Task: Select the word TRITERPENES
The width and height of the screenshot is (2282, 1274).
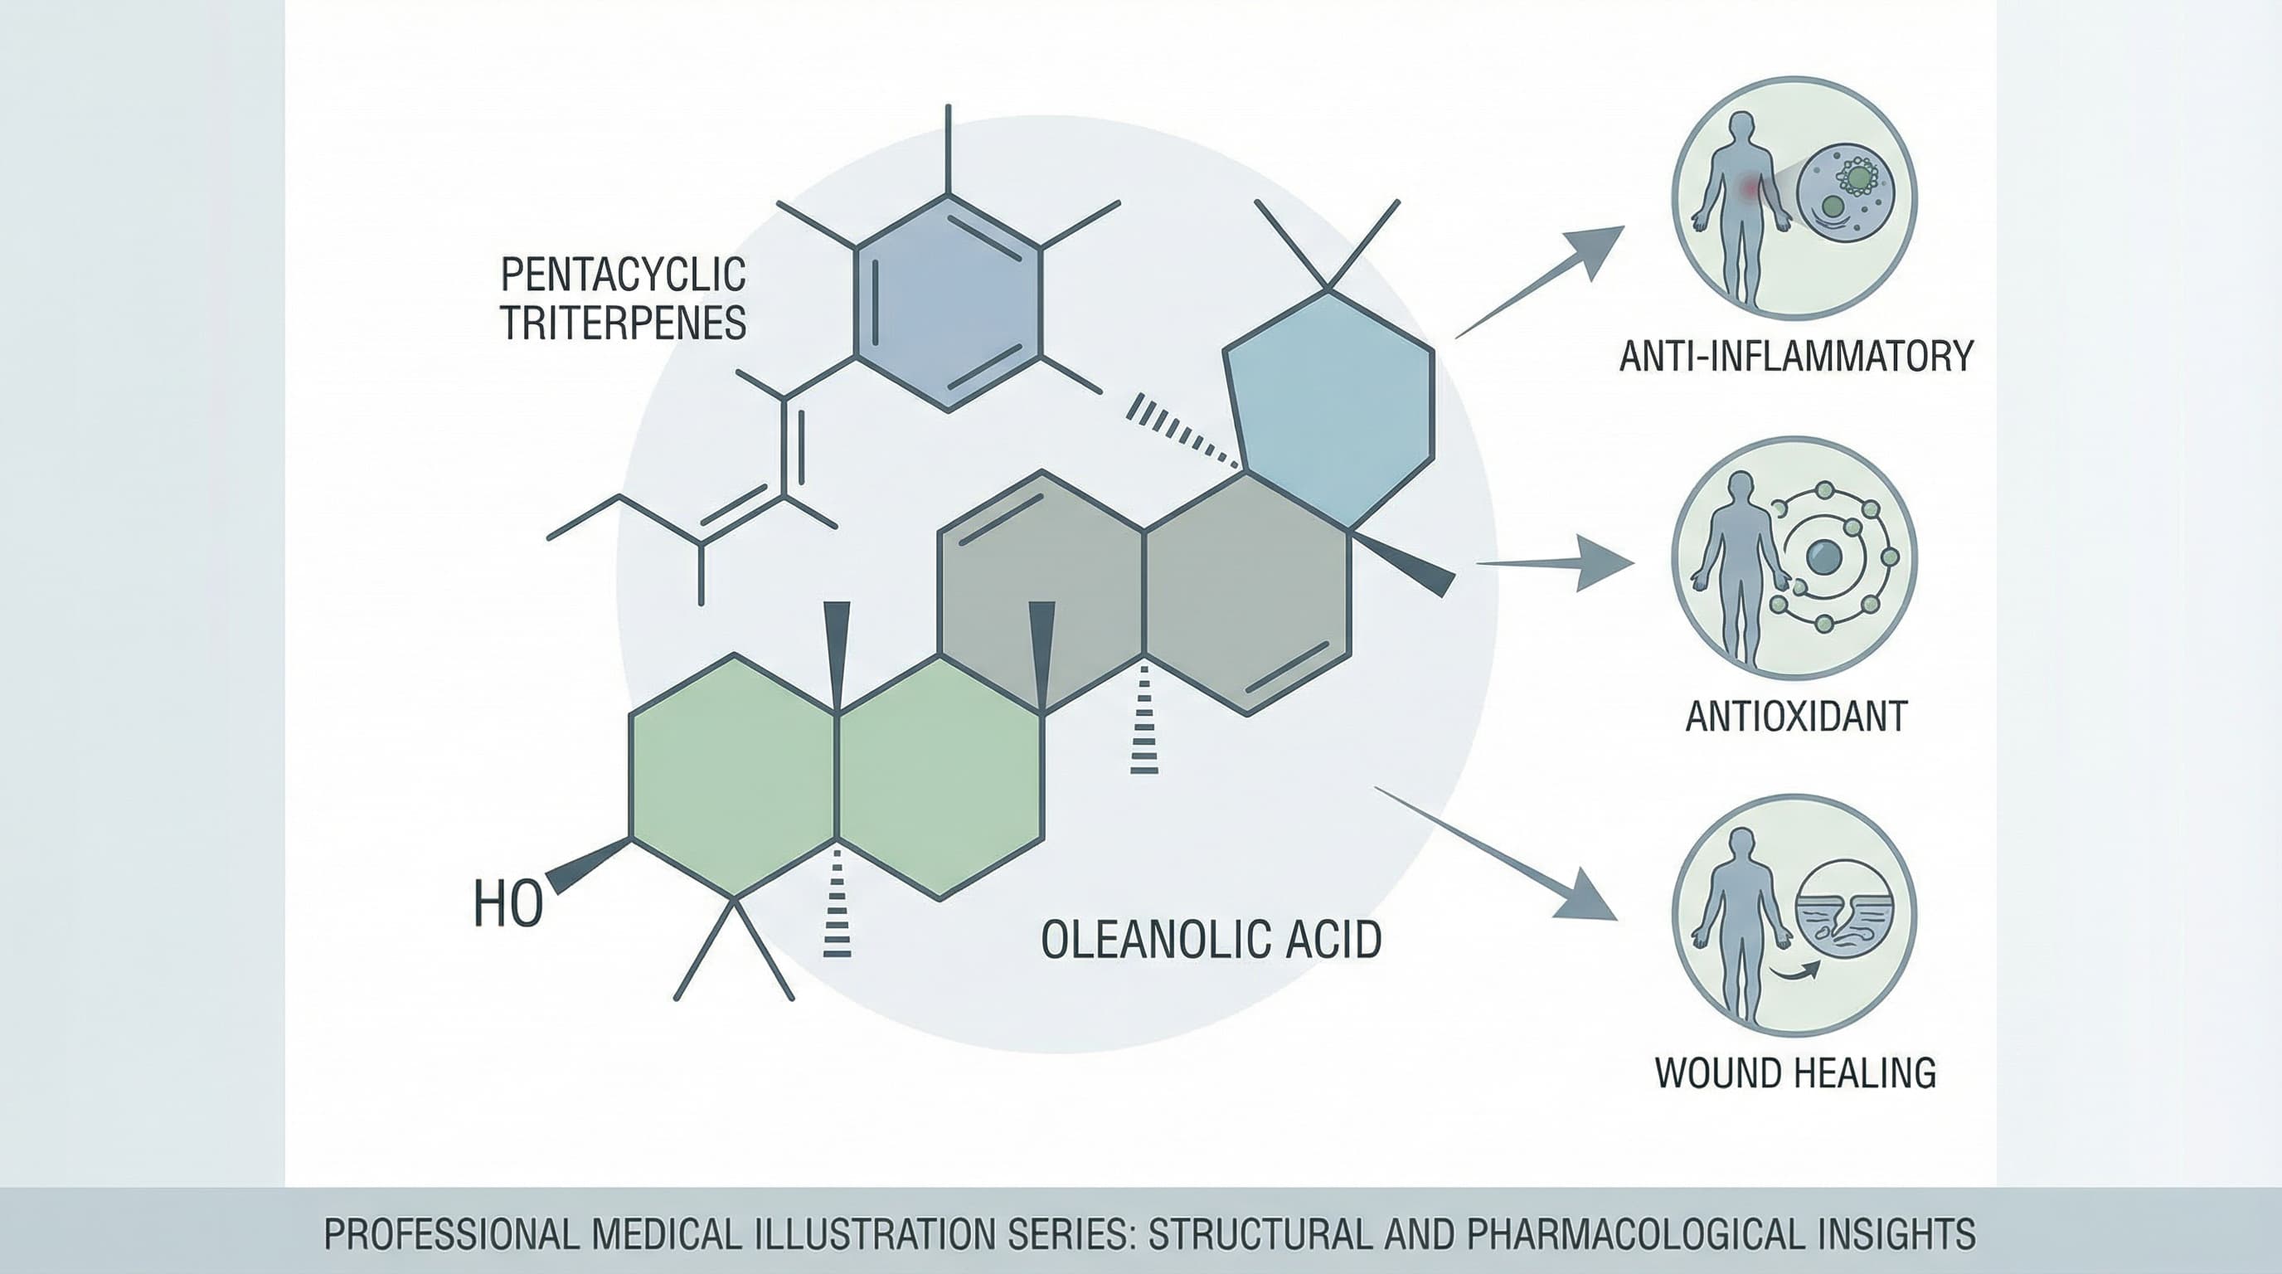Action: point(624,323)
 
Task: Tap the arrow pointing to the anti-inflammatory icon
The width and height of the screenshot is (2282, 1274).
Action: point(1540,282)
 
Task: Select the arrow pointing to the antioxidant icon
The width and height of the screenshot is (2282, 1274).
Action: point(1555,562)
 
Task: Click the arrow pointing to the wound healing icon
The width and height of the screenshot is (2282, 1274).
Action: point(1495,853)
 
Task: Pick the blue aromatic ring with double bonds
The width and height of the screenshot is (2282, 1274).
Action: point(948,302)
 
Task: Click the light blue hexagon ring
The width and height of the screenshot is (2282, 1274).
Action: point(1328,411)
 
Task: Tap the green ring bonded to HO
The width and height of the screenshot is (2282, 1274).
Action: point(734,776)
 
